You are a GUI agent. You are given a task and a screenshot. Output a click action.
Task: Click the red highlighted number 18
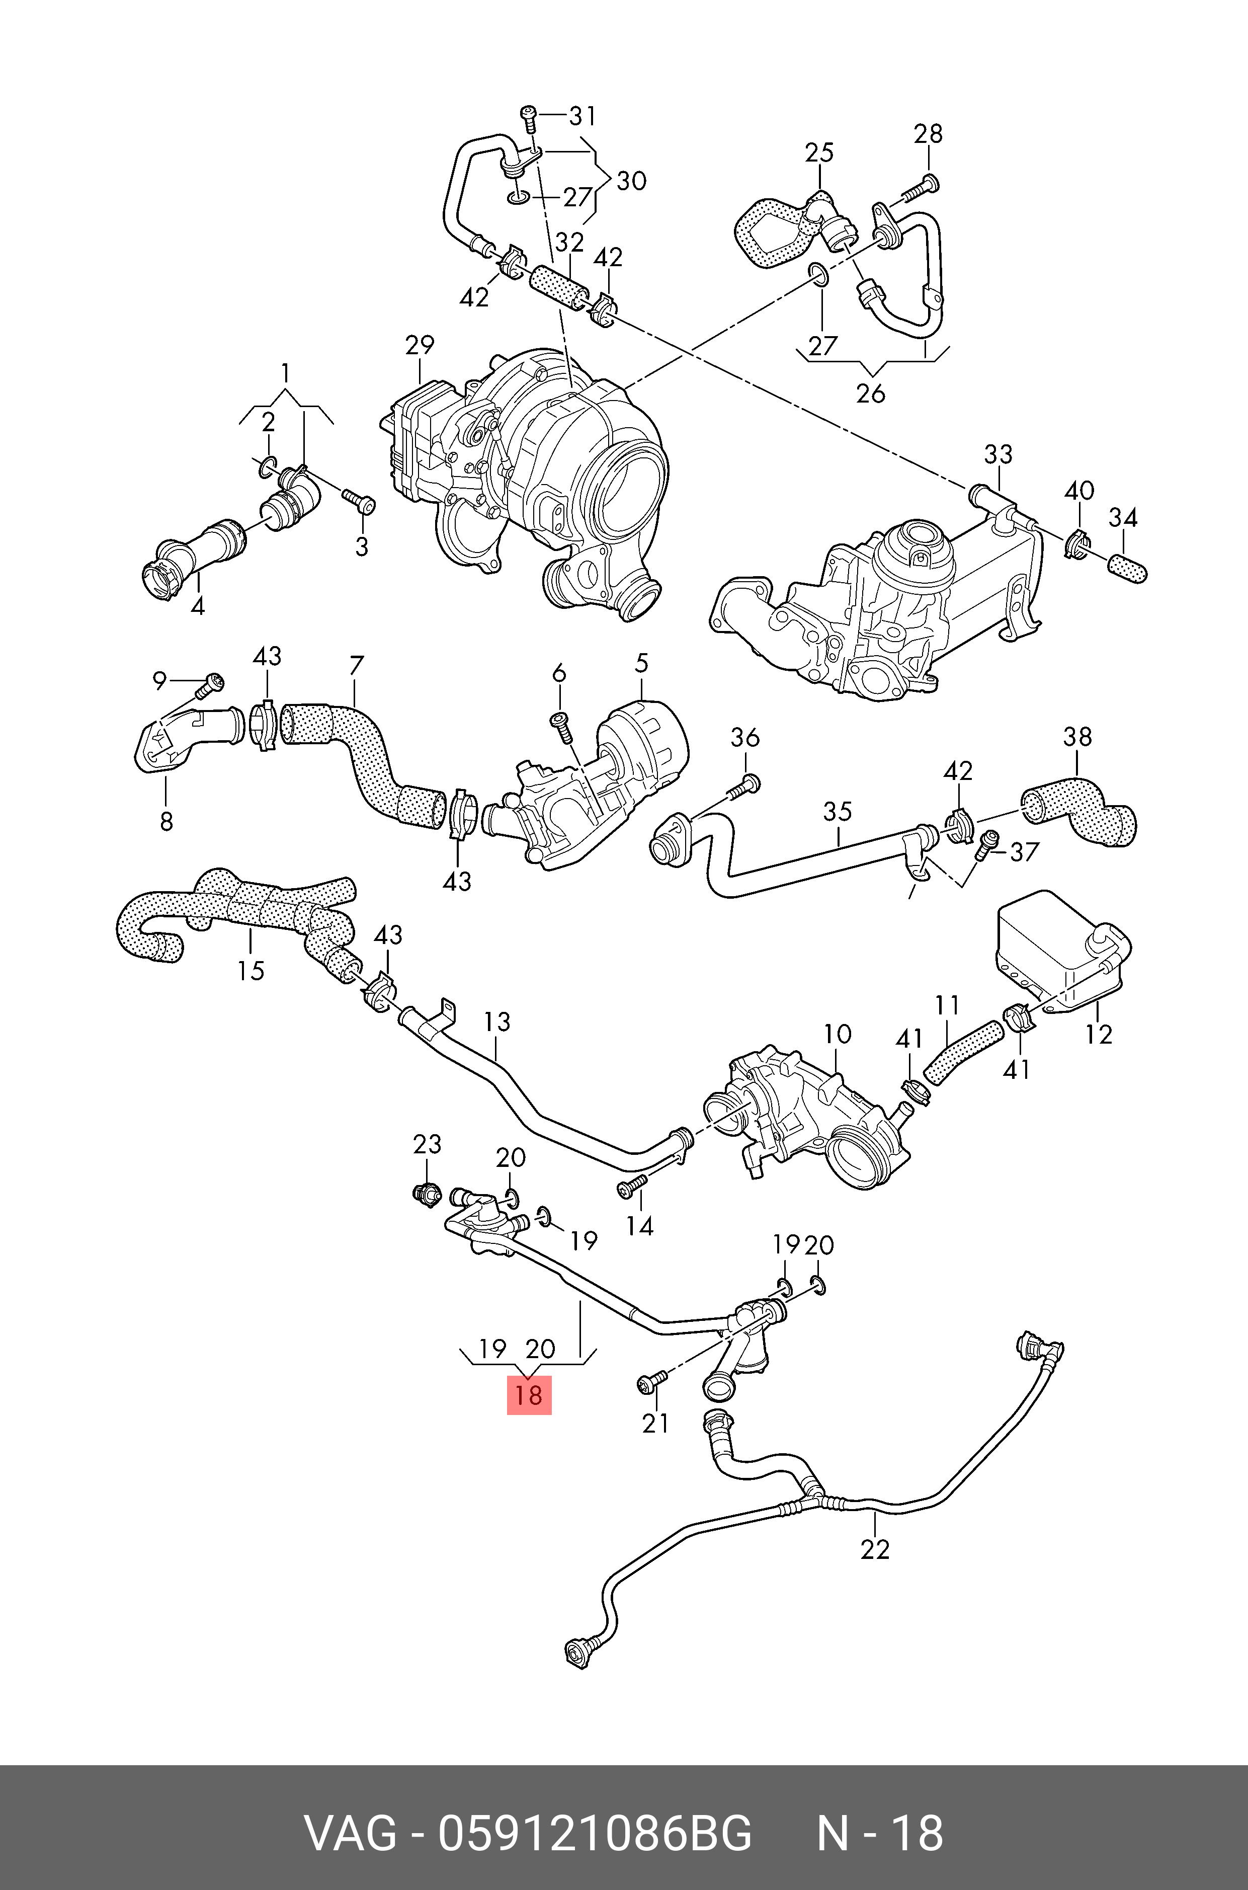[529, 1395]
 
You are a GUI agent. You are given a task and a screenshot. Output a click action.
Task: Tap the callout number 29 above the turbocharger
[420, 346]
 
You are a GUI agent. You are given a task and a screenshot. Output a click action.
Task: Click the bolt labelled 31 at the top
[529, 117]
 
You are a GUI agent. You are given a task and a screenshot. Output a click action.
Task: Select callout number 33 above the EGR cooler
[998, 454]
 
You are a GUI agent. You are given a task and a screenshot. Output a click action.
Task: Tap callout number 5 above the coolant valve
[641, 663]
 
